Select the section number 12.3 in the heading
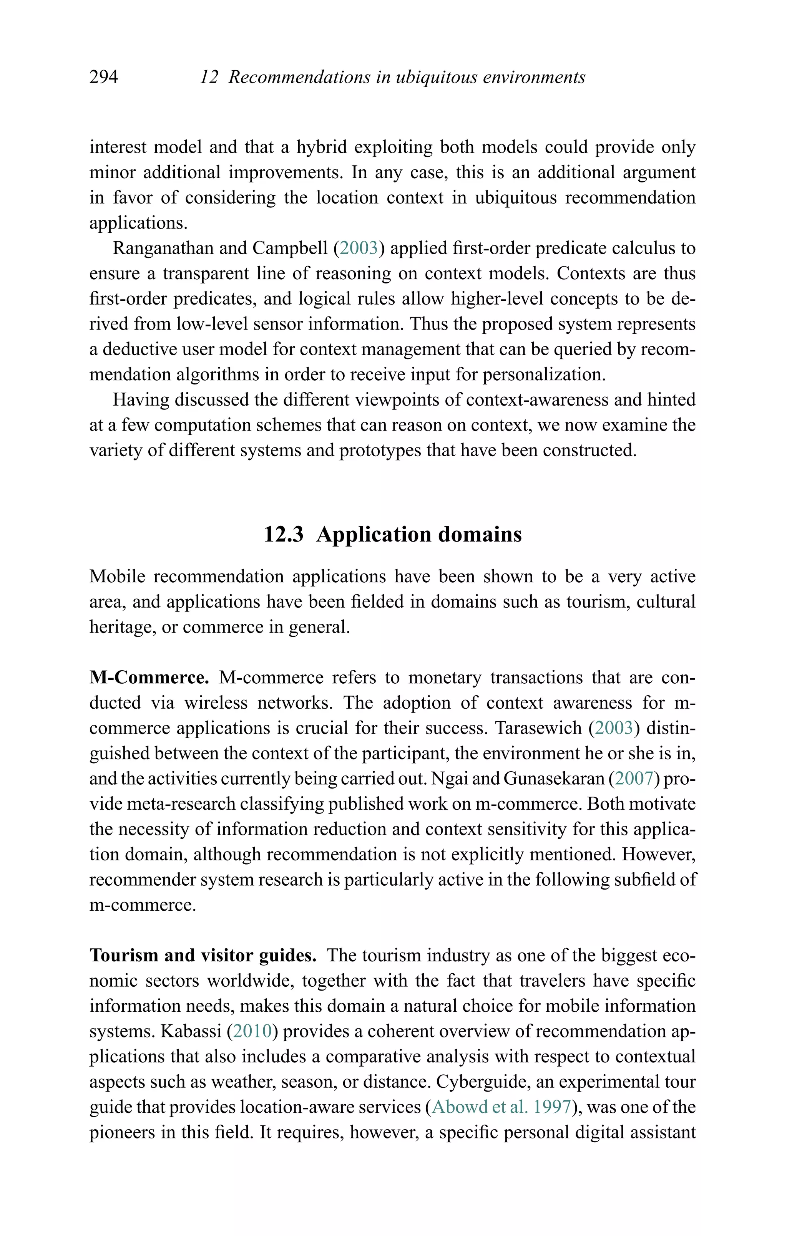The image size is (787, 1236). (284, 534)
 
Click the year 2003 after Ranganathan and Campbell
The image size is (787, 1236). (359, 249)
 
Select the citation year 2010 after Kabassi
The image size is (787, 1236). (252, 1031)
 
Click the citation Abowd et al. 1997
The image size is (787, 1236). (501, 1107)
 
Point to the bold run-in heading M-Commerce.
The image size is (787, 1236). (149, 678)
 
